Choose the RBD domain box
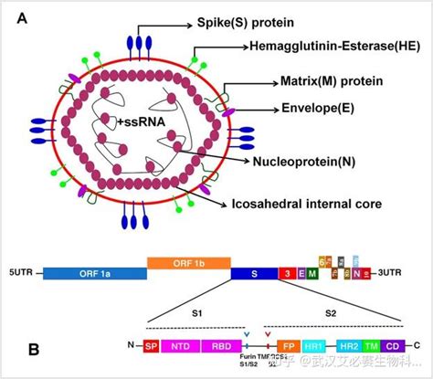coord(220,346)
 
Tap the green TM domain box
coord(372,346)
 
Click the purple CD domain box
coord(393,346)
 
